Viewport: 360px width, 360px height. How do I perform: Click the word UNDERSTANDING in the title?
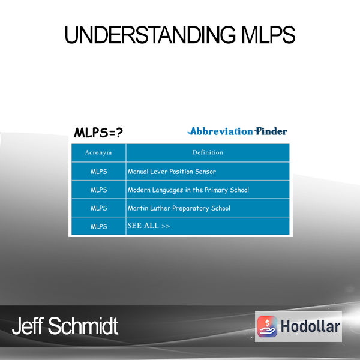(150, 35)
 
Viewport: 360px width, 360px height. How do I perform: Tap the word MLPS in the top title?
(268, 35)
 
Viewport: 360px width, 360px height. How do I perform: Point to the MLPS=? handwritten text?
(98, 133)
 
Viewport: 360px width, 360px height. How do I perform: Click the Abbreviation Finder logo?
(238, 131)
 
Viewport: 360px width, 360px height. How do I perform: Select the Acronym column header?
(98, 152)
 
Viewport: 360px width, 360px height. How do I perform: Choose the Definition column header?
(208, 152)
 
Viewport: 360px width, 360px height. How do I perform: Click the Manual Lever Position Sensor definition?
(172, 172)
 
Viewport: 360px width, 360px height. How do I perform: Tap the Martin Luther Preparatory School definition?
(179, 208)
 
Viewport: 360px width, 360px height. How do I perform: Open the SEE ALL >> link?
(149, 226)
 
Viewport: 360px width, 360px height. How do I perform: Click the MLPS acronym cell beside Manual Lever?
(99, 172)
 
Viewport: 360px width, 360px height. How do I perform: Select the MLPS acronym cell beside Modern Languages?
(99, 190)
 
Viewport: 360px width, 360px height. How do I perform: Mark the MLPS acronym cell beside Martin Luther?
(99, 208)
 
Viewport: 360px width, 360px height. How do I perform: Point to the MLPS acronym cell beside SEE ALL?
(99, 227)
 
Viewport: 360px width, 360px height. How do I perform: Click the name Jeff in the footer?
(28, 326)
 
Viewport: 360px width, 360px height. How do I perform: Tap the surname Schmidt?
(83, 326)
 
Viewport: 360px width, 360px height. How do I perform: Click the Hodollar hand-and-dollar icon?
(267, 326)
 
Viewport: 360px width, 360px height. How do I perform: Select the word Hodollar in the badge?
(310, 326)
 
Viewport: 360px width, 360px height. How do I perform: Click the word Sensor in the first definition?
(205, 172)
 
